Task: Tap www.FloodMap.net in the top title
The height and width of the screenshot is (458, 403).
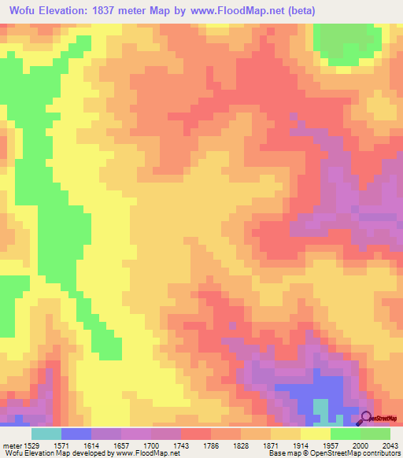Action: [x=253, y=10]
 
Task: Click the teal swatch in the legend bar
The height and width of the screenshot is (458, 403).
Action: [x=46, y=434]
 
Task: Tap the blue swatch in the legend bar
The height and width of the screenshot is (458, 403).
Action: [x=76, y=434]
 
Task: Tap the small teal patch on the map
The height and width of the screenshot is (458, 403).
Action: [x=322, y=408]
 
